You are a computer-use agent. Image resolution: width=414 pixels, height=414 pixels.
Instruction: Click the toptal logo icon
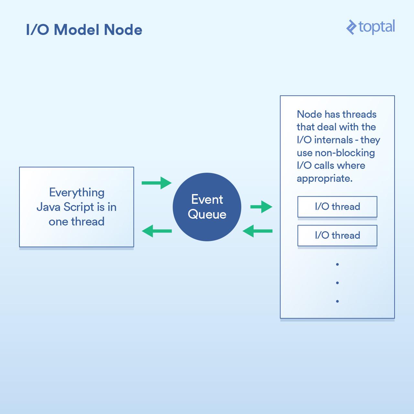tap(351, 27)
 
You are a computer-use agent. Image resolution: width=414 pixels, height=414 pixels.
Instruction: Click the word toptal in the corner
tap(377, 27)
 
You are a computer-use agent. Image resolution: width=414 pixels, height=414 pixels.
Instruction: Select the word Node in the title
tap(123, 30)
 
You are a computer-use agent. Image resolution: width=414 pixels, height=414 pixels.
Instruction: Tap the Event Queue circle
tap(207, 207)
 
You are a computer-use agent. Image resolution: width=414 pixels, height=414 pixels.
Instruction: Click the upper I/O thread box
tap(337, 207)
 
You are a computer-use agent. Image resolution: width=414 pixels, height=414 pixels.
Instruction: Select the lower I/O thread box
tap(337, 235)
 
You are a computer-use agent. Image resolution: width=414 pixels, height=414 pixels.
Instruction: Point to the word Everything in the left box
tap(77, 192)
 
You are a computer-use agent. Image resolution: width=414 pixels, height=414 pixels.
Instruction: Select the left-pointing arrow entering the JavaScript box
tap(157, 231)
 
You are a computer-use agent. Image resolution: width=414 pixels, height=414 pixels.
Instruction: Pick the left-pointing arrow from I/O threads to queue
tap(257, 231)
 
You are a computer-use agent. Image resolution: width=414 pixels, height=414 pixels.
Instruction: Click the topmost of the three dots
tap(337, 265)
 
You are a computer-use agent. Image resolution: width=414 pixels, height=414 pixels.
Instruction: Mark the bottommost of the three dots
tap(337, 301)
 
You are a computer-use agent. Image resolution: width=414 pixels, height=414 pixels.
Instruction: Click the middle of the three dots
tap(337, 283)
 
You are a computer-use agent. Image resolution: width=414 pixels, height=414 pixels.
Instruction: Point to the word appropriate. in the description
tap(324, 179)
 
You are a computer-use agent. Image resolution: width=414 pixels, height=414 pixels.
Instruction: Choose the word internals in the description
tap(333, 140)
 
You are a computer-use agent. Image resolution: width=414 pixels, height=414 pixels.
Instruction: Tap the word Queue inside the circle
tap(207, 214)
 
